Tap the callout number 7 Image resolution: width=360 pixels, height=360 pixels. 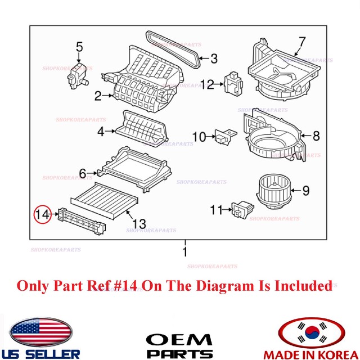coord(301,42)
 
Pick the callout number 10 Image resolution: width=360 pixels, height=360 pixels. coord(199,137)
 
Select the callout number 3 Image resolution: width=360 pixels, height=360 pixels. coord(214,58)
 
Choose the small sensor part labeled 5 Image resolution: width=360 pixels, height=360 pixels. coord(77,73)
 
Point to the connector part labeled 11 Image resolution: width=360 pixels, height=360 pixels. coord(241,211)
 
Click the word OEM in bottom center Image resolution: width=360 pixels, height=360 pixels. coord(180,340)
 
